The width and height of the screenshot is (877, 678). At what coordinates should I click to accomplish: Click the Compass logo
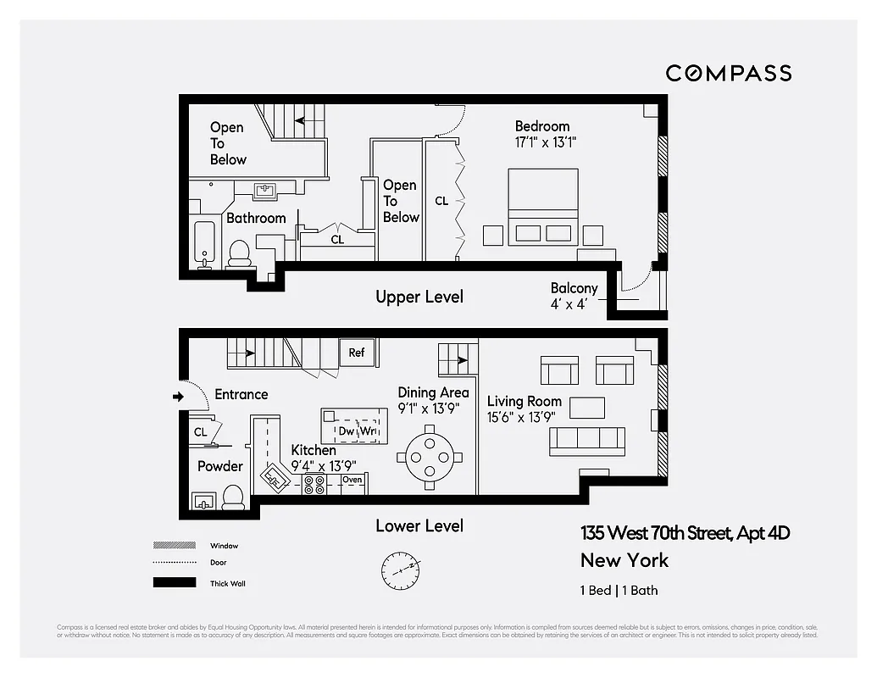click(x=728, y=73)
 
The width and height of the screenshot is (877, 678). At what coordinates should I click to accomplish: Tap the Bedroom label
click(x=542, y=127)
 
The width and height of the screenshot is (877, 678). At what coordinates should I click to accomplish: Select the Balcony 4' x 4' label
click(x=574, y=296)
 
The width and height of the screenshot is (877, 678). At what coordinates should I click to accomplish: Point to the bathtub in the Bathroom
click(x=205, y=244)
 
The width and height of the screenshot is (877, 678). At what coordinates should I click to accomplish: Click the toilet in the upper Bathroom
click(x=239, y=253)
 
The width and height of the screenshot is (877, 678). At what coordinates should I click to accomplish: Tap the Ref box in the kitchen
click(x=357, y=352)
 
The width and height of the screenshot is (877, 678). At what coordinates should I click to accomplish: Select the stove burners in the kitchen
click(x=315, y=484)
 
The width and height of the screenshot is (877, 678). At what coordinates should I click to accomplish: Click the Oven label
click(x=352, y=480)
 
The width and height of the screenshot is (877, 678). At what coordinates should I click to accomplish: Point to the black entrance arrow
click(x=178, y=396)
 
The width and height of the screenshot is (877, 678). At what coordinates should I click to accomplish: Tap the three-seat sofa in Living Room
click(x=587, y=438)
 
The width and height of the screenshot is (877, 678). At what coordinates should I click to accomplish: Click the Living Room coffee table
click(x=586, y=408)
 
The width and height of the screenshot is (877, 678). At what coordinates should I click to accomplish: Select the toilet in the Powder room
click(x=233, y=497)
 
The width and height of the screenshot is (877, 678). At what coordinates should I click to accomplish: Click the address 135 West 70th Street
click(x=685, y=534)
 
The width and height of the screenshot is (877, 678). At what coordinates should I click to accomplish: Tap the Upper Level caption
click(x=419, y=297)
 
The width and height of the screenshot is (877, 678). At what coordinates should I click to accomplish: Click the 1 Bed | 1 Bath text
click(x=619, y=591)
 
